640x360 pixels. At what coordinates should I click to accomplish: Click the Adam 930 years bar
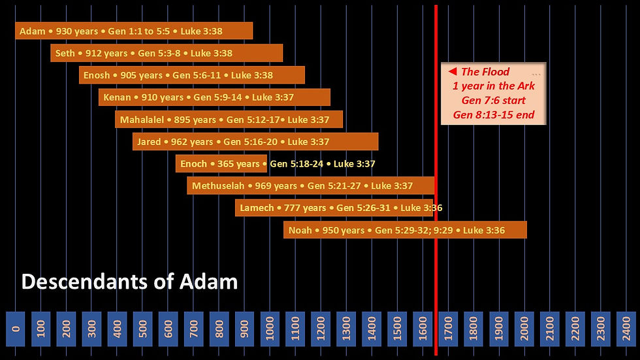(134, 31)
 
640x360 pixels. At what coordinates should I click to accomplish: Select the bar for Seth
(167, 53)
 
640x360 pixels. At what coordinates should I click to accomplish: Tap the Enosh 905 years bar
(192, 75)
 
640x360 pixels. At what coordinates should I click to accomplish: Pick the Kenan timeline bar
(214, 97)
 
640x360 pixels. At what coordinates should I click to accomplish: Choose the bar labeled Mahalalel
(229, 120)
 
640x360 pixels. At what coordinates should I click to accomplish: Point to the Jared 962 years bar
(255, 142)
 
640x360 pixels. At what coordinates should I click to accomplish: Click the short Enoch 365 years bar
(221, 164)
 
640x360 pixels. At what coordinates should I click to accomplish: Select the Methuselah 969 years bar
(311, 186)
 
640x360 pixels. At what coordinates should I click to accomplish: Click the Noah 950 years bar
(405, 230)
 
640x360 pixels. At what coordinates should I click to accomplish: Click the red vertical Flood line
(436, 274)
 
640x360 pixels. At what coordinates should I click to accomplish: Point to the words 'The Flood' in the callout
(485, 72)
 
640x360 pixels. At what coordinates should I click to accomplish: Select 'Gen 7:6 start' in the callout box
(494, 101)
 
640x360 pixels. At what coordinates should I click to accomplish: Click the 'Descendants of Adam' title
(129, 282)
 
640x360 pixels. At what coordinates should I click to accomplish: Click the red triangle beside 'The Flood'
(452, 72)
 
